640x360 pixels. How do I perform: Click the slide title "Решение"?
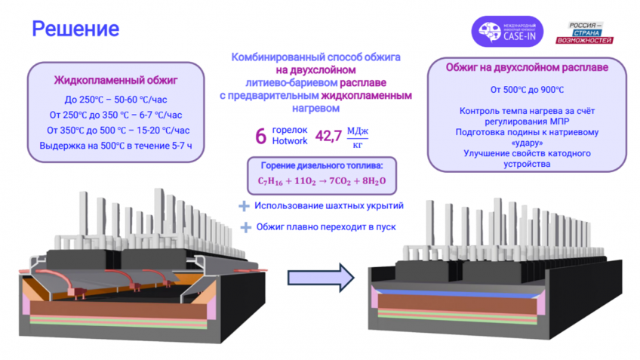tap(75, 29)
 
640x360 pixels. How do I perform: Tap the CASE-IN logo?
tap(507, 32)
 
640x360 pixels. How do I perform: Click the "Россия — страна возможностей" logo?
tap(584, 32)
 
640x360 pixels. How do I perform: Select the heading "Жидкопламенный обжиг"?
tap(116, 81)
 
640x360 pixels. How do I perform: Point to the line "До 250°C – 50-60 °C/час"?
tap(116, 100)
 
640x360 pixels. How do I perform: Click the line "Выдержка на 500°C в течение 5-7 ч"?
tap(116, 146)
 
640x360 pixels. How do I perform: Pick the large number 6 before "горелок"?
tap(261, 136)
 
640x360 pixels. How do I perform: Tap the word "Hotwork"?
tap(290, 141)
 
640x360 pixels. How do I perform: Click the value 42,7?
tap(328, 136)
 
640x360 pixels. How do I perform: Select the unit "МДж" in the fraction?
tap(358, 131)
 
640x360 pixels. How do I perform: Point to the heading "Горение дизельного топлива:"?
tap(322, 166)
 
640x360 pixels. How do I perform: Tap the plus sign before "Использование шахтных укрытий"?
tap(244, 206)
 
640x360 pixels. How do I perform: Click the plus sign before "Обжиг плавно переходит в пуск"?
tap(246, 227)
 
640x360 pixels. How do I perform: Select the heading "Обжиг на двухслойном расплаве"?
tap(527, 68)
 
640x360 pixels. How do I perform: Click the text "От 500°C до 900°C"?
tap(527, 90)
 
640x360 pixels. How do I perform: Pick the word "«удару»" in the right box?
tap(527, 143)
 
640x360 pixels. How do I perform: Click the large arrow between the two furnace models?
tap(321, 278)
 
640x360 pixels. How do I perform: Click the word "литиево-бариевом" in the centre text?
tap(291, 83)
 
